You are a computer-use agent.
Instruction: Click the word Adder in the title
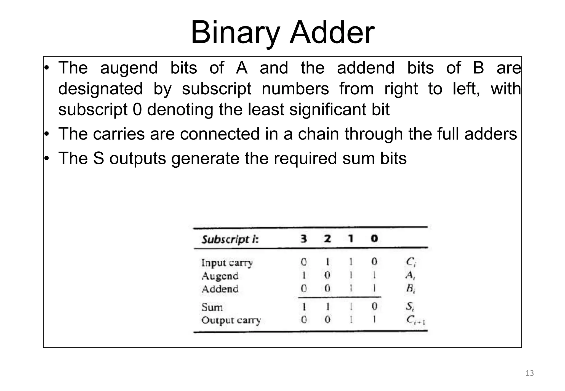click(x=332, y=33)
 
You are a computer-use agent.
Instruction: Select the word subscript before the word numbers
click(x=217, y=89)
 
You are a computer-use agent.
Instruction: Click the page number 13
click(x=529, y=373)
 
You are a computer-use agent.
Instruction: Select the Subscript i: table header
click(x=230, y=239)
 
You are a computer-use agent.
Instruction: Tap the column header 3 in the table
click(x=304, y=239)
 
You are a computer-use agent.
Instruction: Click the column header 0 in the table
click(x=374, y=239)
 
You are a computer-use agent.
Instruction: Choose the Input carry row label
click(x=227, y=263)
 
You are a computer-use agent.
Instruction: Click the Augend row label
click(x=220, y=276)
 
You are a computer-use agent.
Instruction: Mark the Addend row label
click(x=220, y=289)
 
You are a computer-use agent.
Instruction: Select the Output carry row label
click(x=231, y=320)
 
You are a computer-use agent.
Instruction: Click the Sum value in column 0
click(x=374, y=306)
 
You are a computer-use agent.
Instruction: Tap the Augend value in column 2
click(x=327, y=275)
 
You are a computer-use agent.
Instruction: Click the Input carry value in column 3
click(x=304, y=262)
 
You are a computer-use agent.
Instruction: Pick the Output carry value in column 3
click(x=304, y=320)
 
